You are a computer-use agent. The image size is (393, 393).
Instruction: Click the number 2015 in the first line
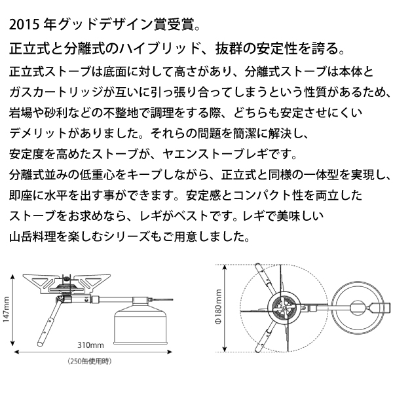point(24,25)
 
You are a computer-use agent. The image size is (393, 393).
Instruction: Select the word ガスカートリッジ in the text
point(56,92)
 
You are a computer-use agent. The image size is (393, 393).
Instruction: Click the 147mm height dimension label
point(6,310)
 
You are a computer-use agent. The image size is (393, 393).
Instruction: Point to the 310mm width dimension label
point(90,345)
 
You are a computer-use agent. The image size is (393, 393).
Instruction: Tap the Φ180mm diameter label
point(219,307)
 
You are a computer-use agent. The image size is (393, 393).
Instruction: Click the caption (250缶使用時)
point(90,361)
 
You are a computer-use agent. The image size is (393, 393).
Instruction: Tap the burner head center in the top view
point(285,307)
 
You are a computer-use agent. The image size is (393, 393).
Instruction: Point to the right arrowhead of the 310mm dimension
point(170,352)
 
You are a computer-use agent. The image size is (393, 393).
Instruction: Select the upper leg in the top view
point(265,279)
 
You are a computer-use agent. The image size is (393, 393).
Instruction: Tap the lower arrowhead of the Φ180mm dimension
point(225,349)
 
